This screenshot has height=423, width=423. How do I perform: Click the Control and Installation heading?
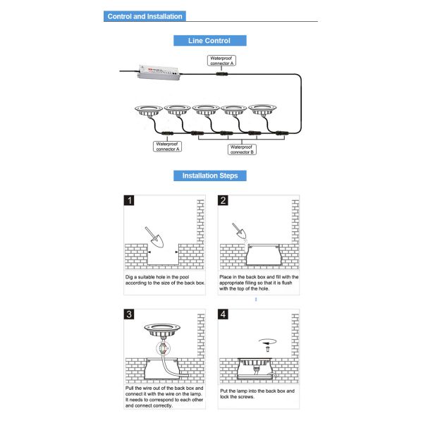pos(145,16)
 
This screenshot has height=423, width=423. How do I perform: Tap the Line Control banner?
pos(210,41)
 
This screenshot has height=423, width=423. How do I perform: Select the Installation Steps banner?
pos(210,176)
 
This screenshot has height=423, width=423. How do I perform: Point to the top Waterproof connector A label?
pos(221,60)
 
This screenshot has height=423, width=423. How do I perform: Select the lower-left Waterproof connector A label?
pos(168,147)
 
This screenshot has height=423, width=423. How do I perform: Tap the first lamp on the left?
pos(149,111)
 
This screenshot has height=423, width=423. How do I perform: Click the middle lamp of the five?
pos(205,111)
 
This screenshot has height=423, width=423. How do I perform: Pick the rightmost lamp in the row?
pos(262,111)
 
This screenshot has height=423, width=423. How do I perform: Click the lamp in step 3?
pos(161,329)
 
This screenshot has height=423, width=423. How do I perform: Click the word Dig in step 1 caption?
pos(130,278)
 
